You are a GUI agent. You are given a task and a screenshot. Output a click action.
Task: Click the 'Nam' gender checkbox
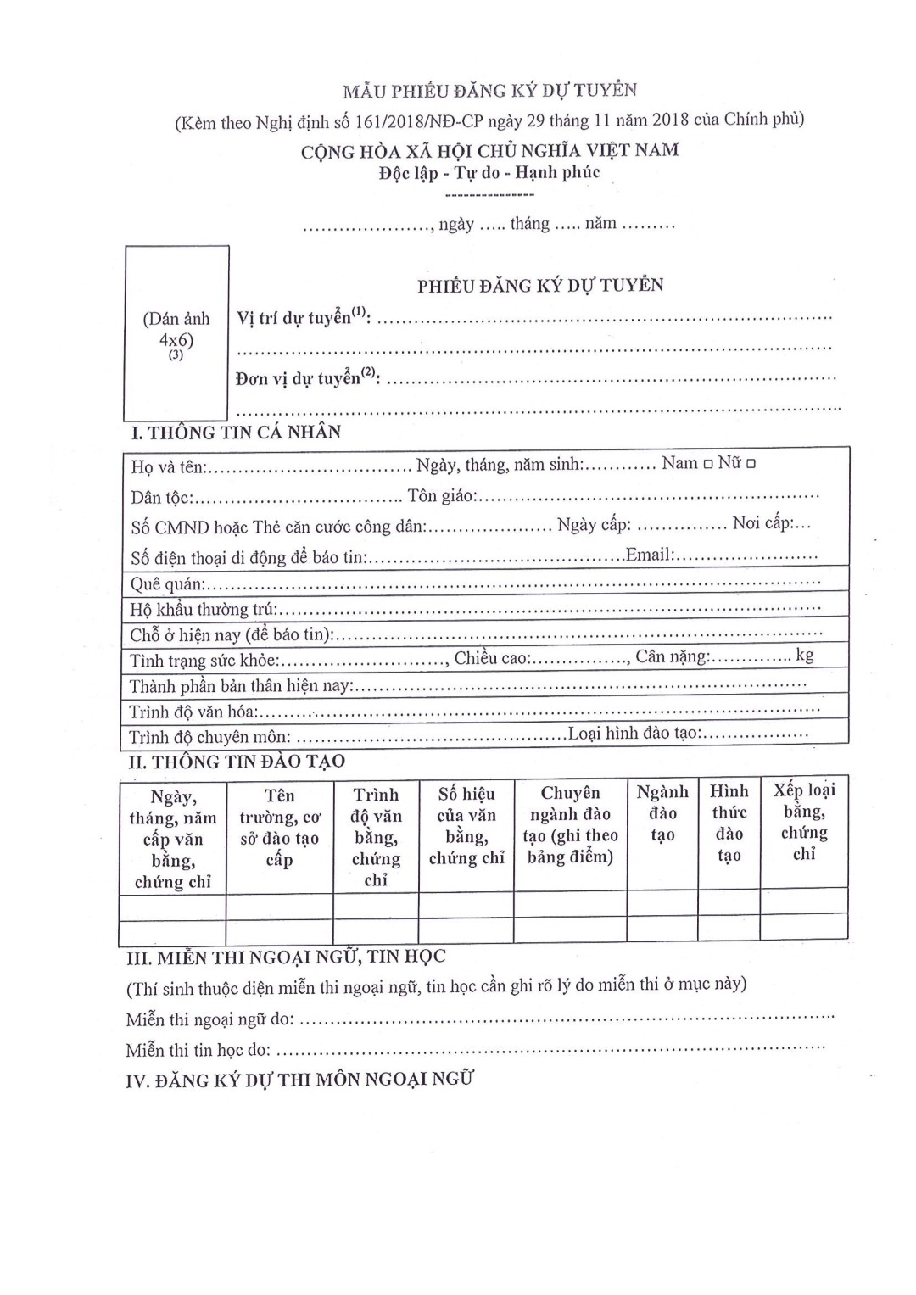tap(707, 464)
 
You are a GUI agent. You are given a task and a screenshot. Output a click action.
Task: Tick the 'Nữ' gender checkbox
tap(751, 464)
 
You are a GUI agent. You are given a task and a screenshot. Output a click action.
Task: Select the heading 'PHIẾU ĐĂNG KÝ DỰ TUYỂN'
tap(540, 286)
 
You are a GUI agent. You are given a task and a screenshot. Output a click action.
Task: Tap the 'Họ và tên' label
tap(169, 467)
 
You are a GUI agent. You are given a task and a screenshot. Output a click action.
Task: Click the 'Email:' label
tap(650, 555)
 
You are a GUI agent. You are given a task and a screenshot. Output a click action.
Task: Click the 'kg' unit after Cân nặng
tap(805, 655)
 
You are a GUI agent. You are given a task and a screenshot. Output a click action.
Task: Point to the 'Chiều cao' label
tap(492, 657)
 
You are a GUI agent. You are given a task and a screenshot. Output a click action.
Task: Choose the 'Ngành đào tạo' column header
tap(662, 812)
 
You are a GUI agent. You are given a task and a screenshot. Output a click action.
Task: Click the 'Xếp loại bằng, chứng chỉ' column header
tap(804, 821)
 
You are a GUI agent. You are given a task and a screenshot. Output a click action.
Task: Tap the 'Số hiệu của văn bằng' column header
tap(466, 825)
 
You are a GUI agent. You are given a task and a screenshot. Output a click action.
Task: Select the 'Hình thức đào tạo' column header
tap(729, 823)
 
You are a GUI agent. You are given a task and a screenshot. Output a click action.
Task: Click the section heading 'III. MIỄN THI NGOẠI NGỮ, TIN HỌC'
tap(286, 957)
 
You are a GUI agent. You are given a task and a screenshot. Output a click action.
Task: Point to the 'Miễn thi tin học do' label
tap(198, 1050)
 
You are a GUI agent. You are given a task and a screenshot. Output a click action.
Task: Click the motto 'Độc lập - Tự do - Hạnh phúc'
tap(489, 172)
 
